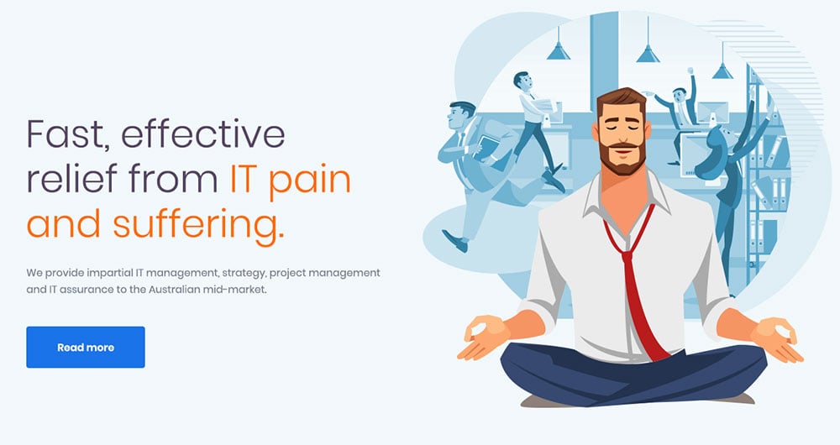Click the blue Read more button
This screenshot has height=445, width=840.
pos(85,347)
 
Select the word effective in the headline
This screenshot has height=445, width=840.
pos(203,133)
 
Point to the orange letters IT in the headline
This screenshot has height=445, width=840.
pos(244,179)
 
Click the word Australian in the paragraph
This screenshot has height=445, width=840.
pos(174,290)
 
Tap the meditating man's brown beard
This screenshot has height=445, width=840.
pos(622,159)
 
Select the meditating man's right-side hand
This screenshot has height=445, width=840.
pos(777,339)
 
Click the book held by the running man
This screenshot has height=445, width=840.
pos(486,147)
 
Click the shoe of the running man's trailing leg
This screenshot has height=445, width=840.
pos(454,241)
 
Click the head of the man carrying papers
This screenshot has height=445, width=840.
pos(522,81)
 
